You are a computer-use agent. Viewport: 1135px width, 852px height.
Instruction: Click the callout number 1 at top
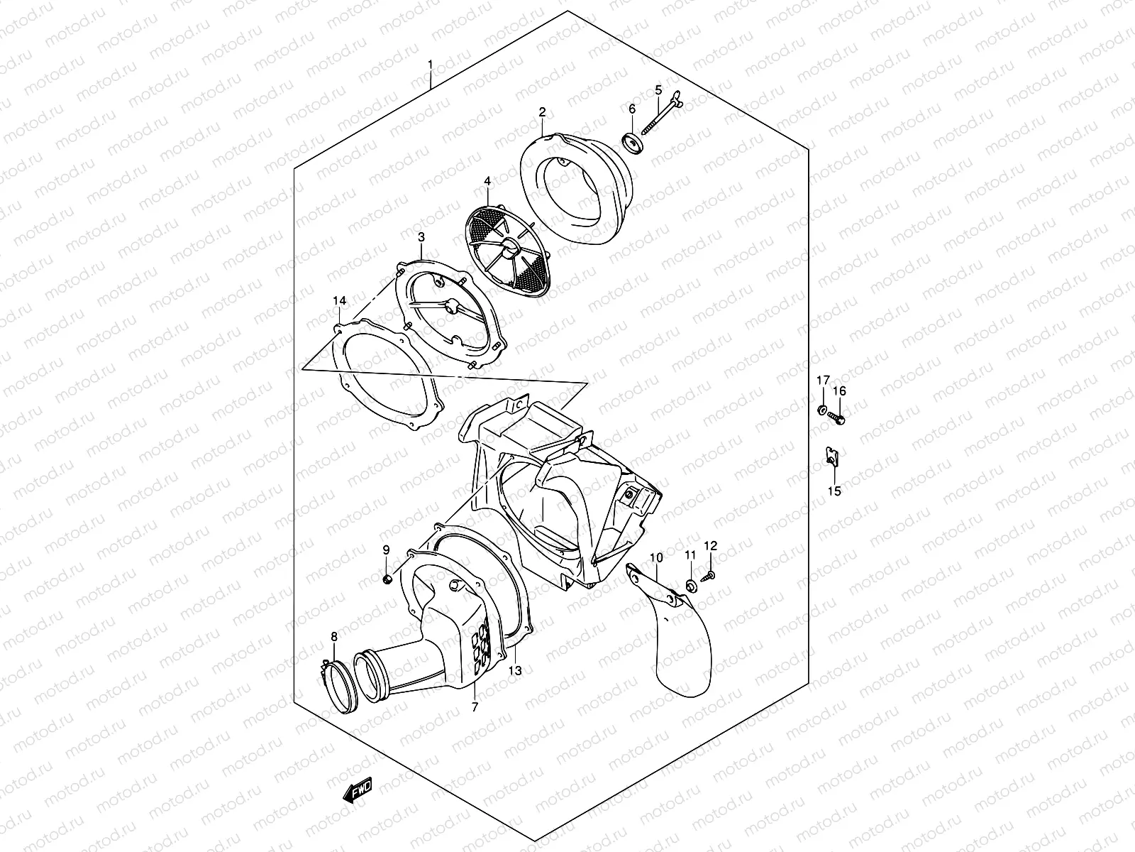pos(430,65)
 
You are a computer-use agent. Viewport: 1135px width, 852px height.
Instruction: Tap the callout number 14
pos(340,302)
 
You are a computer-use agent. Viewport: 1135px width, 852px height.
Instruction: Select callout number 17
pos(821,381)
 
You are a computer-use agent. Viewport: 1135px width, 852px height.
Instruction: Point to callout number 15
pos(834,491)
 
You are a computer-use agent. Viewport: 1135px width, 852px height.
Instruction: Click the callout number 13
pos(515,670)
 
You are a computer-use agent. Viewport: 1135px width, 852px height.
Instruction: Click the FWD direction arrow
pos(357,789)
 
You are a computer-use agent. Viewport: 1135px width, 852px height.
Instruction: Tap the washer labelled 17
pos(821,410)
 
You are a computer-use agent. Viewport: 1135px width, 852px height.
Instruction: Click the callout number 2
pos(542,111)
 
